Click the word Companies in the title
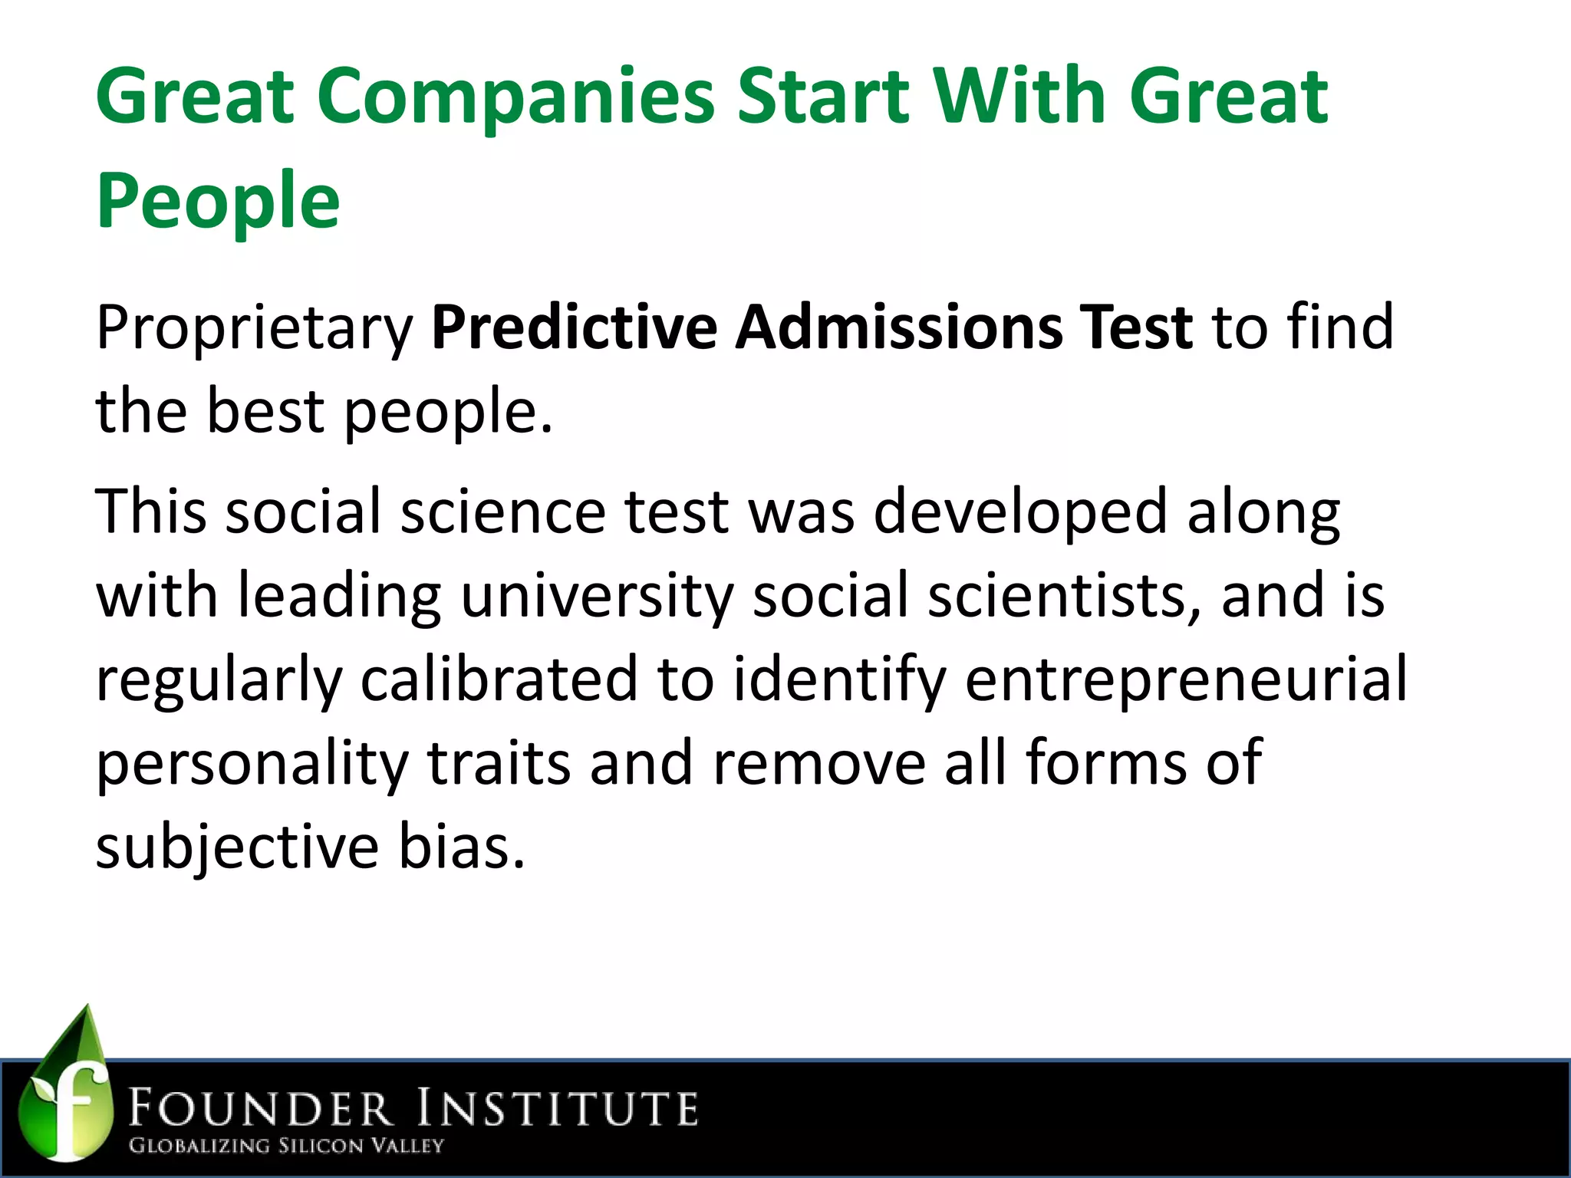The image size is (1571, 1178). click(515, 98)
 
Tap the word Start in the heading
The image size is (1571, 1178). click(823, 97)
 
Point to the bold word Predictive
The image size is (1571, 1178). click(574, 328)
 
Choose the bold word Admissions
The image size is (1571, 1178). click(897, 328)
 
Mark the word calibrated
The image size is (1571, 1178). click(499, 679)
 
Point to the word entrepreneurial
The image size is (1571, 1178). click(1185, 680)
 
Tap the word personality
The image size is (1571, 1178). click(252, 764)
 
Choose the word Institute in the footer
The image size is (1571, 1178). click(558, 1109)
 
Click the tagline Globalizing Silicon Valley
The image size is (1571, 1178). click(286, 1147)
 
